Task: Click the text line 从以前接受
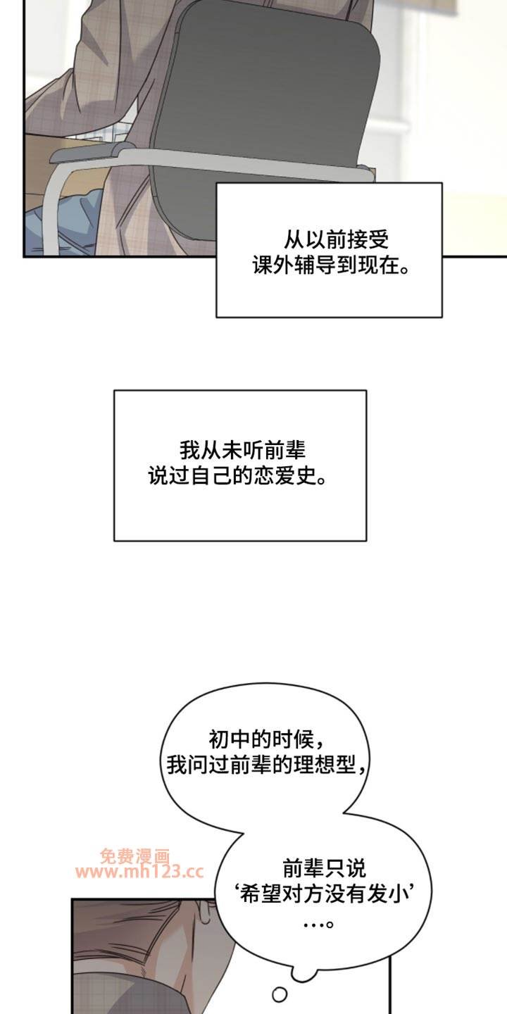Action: [x=337, y=240]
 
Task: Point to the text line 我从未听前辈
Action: [x=243, y=450]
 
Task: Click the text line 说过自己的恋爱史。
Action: [x=238, y=476]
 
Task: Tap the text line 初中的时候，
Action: [x=267, y=740]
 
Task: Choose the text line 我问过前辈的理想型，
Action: [x=267, y=765]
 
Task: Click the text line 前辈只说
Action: [x=324, y=868]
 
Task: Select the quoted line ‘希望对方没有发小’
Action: [x=324, y=894]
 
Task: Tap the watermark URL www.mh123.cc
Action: [x=140, y=872]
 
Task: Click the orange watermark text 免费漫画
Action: [x=135, y=855]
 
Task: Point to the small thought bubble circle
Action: [x=280, y=994]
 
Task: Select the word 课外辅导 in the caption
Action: [x=294, y=265]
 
